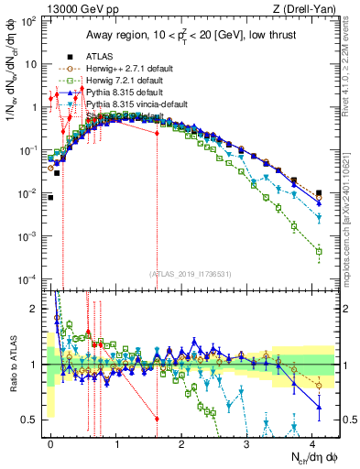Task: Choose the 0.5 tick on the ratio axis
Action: click(x=34, y=420)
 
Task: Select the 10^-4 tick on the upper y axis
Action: click(x=31, y=278)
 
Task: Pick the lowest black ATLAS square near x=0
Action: click(x=50, y=197)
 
